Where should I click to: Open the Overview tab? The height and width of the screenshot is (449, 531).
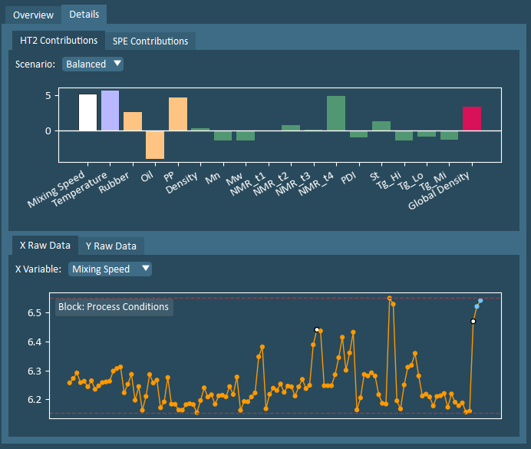[33, 15]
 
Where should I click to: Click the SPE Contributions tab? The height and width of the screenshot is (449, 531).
[150, 41]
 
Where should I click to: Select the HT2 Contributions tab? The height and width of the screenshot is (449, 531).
[58, 40]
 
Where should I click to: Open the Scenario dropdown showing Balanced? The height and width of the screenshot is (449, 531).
[93, 64]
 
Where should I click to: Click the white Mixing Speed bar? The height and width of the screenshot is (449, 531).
[87, 113]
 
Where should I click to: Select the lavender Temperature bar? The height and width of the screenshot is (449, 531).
[110, 111]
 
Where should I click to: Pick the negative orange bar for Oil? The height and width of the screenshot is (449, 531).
[155, 144]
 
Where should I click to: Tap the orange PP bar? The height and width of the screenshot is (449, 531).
[178, 114]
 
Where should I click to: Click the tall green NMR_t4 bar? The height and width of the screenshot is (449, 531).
[336, 114]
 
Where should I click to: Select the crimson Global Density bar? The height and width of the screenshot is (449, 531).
[472, 119]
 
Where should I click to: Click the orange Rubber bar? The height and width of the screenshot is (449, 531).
[133, 121]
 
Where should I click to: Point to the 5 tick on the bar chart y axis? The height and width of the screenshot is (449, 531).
[48, 96]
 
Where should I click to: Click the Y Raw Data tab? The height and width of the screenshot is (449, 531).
[111, 246]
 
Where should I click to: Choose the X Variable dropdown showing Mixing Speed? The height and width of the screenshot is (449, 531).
[110, 269]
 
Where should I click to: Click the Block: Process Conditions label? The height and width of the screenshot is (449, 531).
[113, 307]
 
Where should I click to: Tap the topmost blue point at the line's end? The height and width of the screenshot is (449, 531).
[480, 301]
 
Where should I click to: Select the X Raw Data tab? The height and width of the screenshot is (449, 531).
[44, 246]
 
